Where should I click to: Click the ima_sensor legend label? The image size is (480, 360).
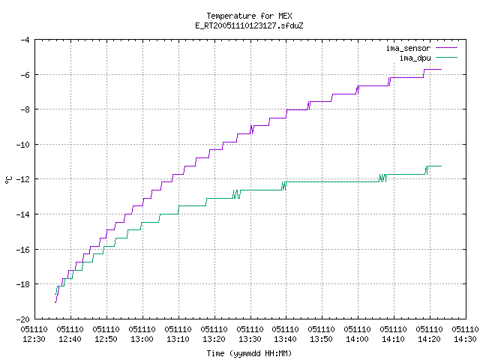pyautogui.click(x=408, y=48)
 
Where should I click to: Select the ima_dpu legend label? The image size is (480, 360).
pyautogui.click(x=415, y=58)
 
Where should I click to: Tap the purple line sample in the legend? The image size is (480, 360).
pyautogui.click(x=446, y=48)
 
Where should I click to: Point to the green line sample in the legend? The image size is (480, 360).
pyautogui.click(x=446, y=57)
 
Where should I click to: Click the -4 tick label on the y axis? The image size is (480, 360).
pyautogui.click(x=25, y=40)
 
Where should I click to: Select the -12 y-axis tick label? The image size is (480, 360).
pyautogui.click(x=22, y=179)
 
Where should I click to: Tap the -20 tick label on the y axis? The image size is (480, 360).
pyautogui.click(x=22, y=319)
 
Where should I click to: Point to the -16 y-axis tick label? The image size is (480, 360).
pyautogui.click(x=22, y=250)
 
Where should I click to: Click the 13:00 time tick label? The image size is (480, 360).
pyautogui.click(x=142, y=339)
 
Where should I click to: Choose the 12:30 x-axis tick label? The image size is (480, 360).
pyautogui.click(x=34, y=339)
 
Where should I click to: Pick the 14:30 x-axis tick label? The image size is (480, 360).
pyautogui.click(x=465, y=339)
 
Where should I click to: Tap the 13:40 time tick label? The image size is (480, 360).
pyautogui.click(x=286, y=339)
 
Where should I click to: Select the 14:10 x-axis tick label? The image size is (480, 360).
pyautogui.click(x=393, y=339)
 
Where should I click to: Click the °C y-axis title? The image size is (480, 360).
pyautogui.click(x=8, y=180)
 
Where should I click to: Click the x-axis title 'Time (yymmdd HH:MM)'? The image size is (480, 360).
pyautogui.click(x=249, y=353)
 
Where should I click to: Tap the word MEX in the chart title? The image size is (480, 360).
pyautogui.click(x=285, y=16)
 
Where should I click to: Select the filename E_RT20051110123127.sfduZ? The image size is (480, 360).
pyautogui.click(x=249, y=25)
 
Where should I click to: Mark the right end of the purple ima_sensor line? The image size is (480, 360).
pyautogui.click(x=441, y=70)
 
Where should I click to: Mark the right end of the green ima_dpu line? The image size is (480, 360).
pyautogui.click(x=441, y=166)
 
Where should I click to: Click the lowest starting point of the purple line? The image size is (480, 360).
pyautogui.click(x=55, y=302)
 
